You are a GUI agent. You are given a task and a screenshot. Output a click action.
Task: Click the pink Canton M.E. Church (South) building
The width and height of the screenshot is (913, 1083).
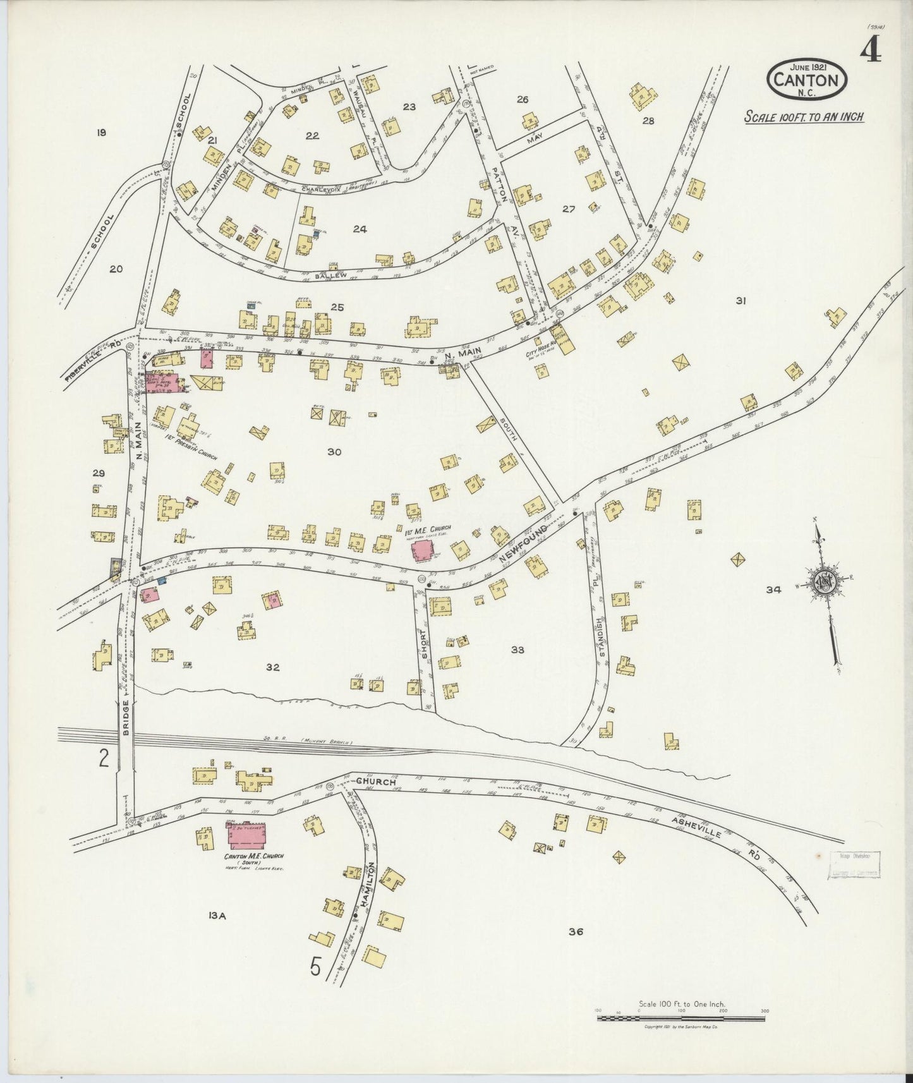247,837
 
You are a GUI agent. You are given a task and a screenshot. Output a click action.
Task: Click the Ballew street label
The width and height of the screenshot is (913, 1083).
330,275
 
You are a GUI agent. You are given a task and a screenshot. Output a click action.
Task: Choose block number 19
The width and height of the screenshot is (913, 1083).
100,133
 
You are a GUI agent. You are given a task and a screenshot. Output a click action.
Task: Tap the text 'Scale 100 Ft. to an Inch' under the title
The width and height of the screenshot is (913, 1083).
804,117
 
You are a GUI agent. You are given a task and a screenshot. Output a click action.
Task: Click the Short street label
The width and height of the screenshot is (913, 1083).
425,644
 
